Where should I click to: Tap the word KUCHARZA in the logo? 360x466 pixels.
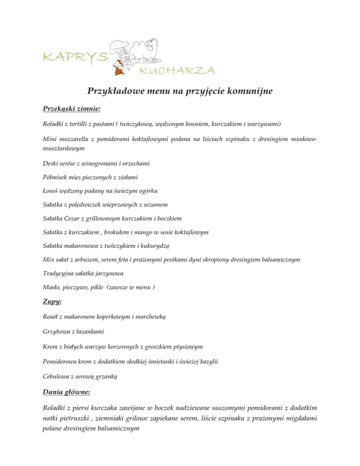[x=177, y=71]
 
